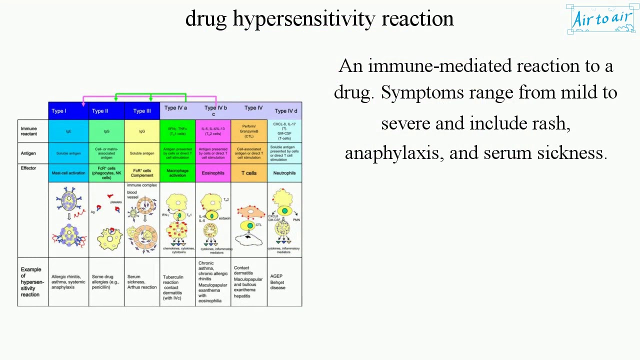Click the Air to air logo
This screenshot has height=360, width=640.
click(x=601, y=19)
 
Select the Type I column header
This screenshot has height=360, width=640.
click(x=59, y=111)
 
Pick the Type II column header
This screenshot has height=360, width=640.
click(x=100, y=111)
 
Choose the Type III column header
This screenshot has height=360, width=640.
click(x=142, y=111)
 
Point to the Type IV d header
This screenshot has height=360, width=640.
click(x=285, y=111)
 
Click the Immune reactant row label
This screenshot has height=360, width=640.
click(x=29, y=131)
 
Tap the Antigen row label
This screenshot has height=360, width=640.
click(x=28, y=153)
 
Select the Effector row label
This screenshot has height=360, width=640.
click(x=28, y=168)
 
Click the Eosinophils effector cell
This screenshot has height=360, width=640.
click(x=213, y=173)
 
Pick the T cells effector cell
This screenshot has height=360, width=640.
click(x=249, y=173)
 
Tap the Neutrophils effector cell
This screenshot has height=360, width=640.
click(x=284, y=173)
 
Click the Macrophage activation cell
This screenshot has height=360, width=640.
click(x=177, y=173)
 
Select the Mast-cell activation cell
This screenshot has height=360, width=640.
click(x=68, y=173)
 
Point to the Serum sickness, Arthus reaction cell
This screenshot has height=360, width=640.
click(x=142, y=282)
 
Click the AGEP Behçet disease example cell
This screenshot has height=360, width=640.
click(x=278, y=282)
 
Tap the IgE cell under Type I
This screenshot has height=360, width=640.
click(x=68, y=131)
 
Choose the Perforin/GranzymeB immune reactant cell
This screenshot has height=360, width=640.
click(x=249, y=131)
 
